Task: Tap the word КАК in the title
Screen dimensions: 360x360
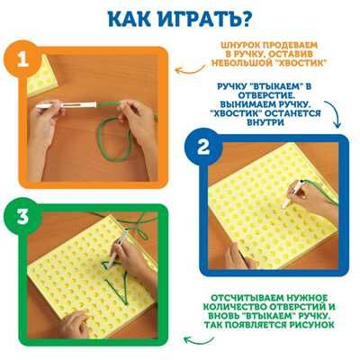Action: point(130,20)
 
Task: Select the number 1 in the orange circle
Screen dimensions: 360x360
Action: point(22,60)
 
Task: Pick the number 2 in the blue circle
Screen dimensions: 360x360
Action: point(203,148)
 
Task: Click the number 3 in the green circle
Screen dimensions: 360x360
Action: point(22,217)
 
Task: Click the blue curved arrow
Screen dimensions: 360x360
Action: point(334,112)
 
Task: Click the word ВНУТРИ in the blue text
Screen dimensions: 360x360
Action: point(265,122)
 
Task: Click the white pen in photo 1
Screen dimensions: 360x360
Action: point(67,105)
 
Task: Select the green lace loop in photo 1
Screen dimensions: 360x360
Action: point(114,139)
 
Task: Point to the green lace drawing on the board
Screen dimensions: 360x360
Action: point(116,282)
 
